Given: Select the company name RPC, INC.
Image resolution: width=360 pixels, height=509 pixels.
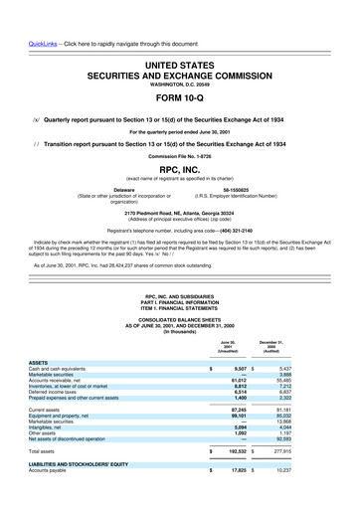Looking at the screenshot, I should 180,169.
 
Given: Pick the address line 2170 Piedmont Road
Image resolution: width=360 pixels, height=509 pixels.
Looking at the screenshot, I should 180,213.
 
